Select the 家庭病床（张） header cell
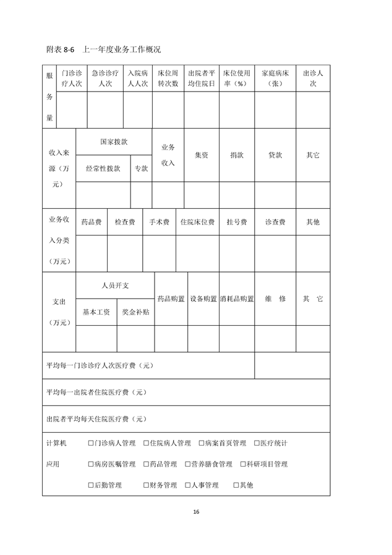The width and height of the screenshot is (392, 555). tap(275, 78)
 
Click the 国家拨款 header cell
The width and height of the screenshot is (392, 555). tap(114, 142)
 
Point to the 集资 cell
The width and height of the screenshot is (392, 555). tap(201, 155)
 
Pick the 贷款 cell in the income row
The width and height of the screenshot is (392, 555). tap(275, 155)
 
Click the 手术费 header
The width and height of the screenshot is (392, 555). tap(159, 222)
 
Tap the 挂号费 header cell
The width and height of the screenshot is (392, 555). tap(236, 222)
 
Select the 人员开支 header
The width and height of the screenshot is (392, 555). tap(115, 286)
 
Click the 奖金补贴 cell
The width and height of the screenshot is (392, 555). tap(135, 312)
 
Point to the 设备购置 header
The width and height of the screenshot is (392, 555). tap(203, 299)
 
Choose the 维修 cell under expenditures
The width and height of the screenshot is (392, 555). tap(275, 299)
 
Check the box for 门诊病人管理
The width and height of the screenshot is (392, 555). tap(91, 443)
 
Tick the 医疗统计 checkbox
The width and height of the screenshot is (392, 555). tap(256, 443)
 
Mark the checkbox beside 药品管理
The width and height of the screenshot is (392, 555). tap(147, 464)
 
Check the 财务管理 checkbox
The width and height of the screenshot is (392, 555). tap(147, 485)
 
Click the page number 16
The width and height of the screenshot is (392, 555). tap(196, 512)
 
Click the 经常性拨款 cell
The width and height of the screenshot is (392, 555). tap(103, 168)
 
